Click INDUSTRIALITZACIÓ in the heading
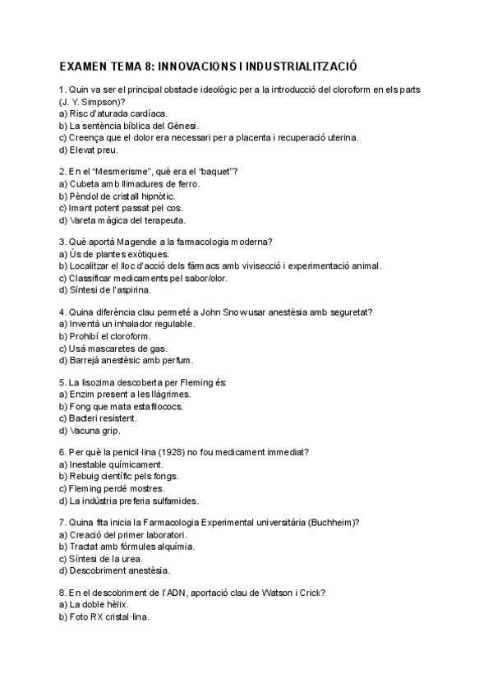point(298,66)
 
